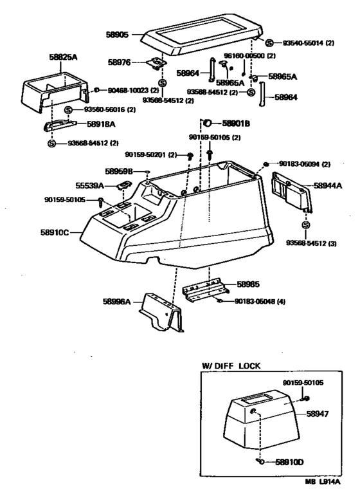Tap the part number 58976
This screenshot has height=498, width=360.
(x=120, y=62)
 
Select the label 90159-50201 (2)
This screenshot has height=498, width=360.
(x=150, y=155)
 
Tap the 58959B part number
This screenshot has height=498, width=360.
(x=119, y=172)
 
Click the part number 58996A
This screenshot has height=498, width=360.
(x=117, y=301)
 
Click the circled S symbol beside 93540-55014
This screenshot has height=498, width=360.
(x=270, y=42)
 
